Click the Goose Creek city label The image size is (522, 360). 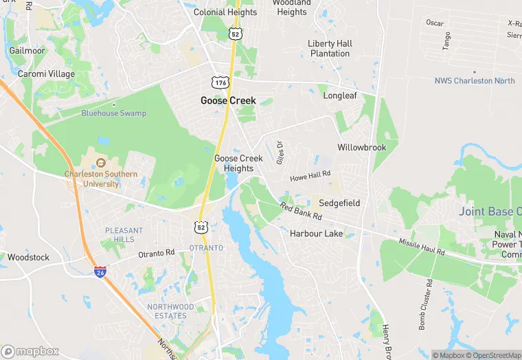click(228, 100)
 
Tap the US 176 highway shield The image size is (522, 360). click(220, 82)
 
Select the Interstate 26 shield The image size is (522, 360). click(100, 271)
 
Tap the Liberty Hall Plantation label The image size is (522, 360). click(330, 48)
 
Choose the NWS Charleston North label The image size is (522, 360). click(475, 80)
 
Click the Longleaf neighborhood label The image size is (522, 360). click(340, 95)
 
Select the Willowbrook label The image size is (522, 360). click(362, 148)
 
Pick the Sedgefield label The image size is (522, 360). click(339, 203)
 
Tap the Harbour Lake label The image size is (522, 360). click(316, 234)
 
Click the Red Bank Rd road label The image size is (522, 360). click(300, 211)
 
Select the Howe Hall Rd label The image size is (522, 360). click(310, 177)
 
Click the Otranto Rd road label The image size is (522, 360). click(157, 254)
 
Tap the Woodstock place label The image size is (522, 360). click(28, 258)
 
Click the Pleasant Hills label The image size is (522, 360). click(124, 234)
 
